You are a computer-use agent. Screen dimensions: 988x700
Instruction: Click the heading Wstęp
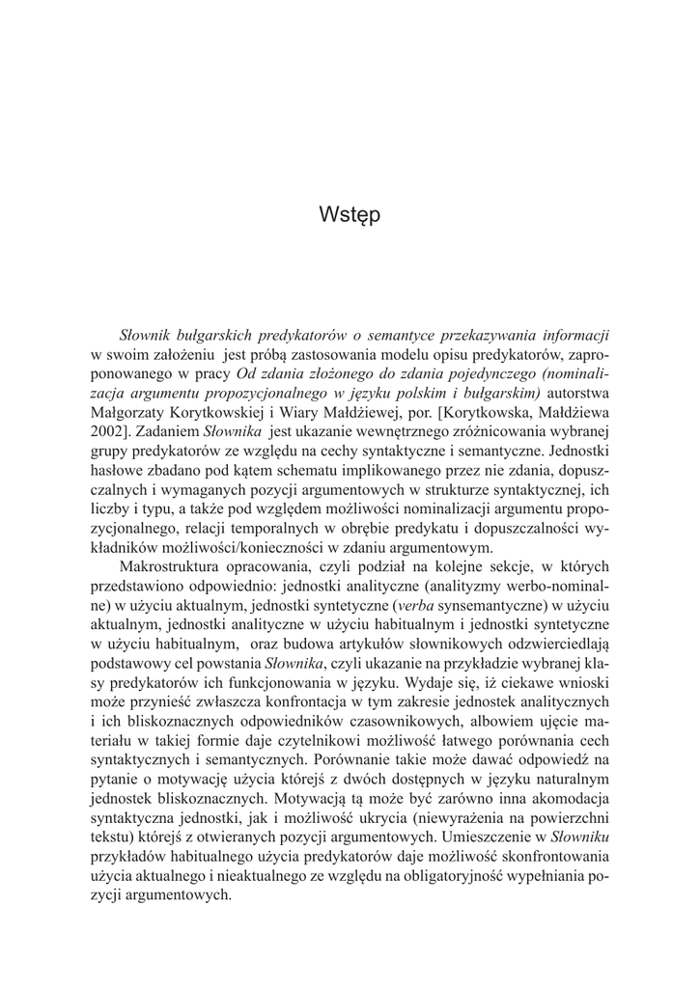click(350, 215)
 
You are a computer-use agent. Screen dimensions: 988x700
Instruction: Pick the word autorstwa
click(578, 393)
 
